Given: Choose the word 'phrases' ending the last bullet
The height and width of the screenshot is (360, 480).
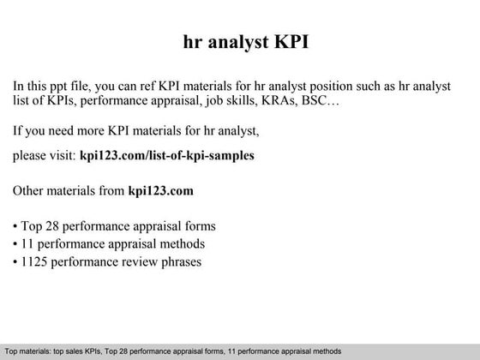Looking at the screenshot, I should pos(181,261).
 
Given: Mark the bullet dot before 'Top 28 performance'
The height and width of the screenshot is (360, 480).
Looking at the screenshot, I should pos(16,227).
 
